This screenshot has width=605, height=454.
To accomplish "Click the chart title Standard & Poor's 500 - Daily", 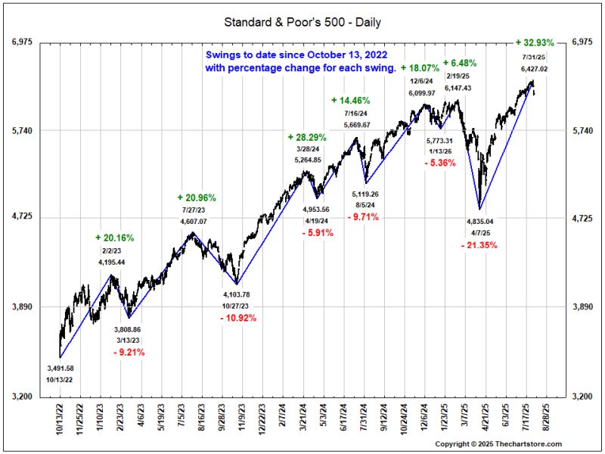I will tap(302, 22).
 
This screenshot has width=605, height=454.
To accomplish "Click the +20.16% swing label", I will tap(115, 238).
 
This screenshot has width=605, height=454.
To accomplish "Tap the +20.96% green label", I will tap(197, 197).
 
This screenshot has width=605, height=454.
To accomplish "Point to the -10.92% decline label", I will tap(238, 318).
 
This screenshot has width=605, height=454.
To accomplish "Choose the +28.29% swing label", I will tap(307, 137).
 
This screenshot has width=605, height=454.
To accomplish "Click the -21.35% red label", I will tap(480, 246).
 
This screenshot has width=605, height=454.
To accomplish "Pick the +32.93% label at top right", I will tap(538, 42).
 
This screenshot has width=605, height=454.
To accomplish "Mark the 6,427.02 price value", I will tap(534, 69).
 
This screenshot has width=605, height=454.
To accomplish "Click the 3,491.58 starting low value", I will tap(60, 368).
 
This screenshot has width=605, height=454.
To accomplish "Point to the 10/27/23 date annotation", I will tap(237, 305).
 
